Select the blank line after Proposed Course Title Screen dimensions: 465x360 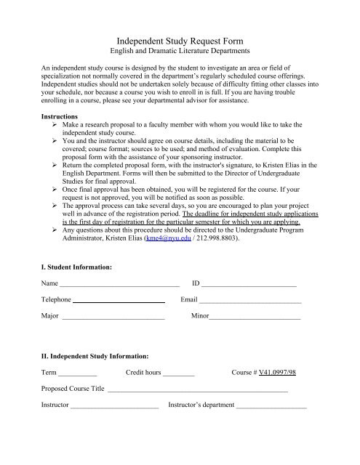198,389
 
